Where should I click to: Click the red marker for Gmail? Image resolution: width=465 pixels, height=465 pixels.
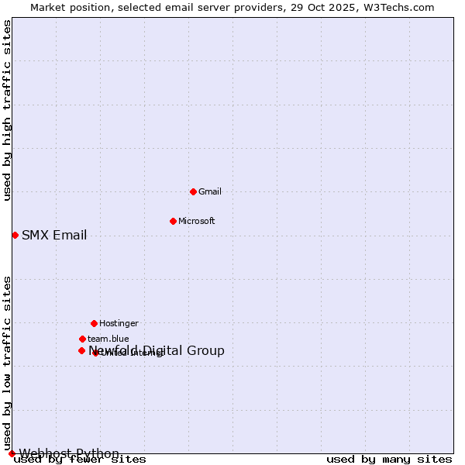[193, 191]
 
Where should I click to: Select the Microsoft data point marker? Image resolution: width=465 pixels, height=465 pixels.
[173, 221]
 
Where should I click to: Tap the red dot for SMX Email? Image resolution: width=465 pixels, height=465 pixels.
[15, 235]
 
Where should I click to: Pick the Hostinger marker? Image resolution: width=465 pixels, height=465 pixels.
[94, 323]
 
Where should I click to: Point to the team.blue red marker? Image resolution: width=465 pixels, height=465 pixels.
[82, 339]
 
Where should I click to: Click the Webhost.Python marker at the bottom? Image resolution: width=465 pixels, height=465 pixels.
[12, 453]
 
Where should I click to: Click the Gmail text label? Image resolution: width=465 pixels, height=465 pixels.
[209, 191]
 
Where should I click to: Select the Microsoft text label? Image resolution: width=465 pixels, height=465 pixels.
[196, 221]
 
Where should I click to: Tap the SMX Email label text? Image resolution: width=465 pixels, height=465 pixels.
[54, 236]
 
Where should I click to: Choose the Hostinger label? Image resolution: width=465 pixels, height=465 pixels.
[119, 323]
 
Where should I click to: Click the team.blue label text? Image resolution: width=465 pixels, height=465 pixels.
[108, 339]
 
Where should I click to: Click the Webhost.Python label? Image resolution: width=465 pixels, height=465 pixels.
[69, 453]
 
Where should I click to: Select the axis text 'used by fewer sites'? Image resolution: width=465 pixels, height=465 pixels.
[80, 460]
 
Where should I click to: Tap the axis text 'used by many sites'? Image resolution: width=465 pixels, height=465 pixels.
[389, 460]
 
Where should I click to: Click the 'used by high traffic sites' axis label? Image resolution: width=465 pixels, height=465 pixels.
[7, 110]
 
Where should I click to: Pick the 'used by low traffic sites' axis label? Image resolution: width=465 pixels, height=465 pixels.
[7, 363]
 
